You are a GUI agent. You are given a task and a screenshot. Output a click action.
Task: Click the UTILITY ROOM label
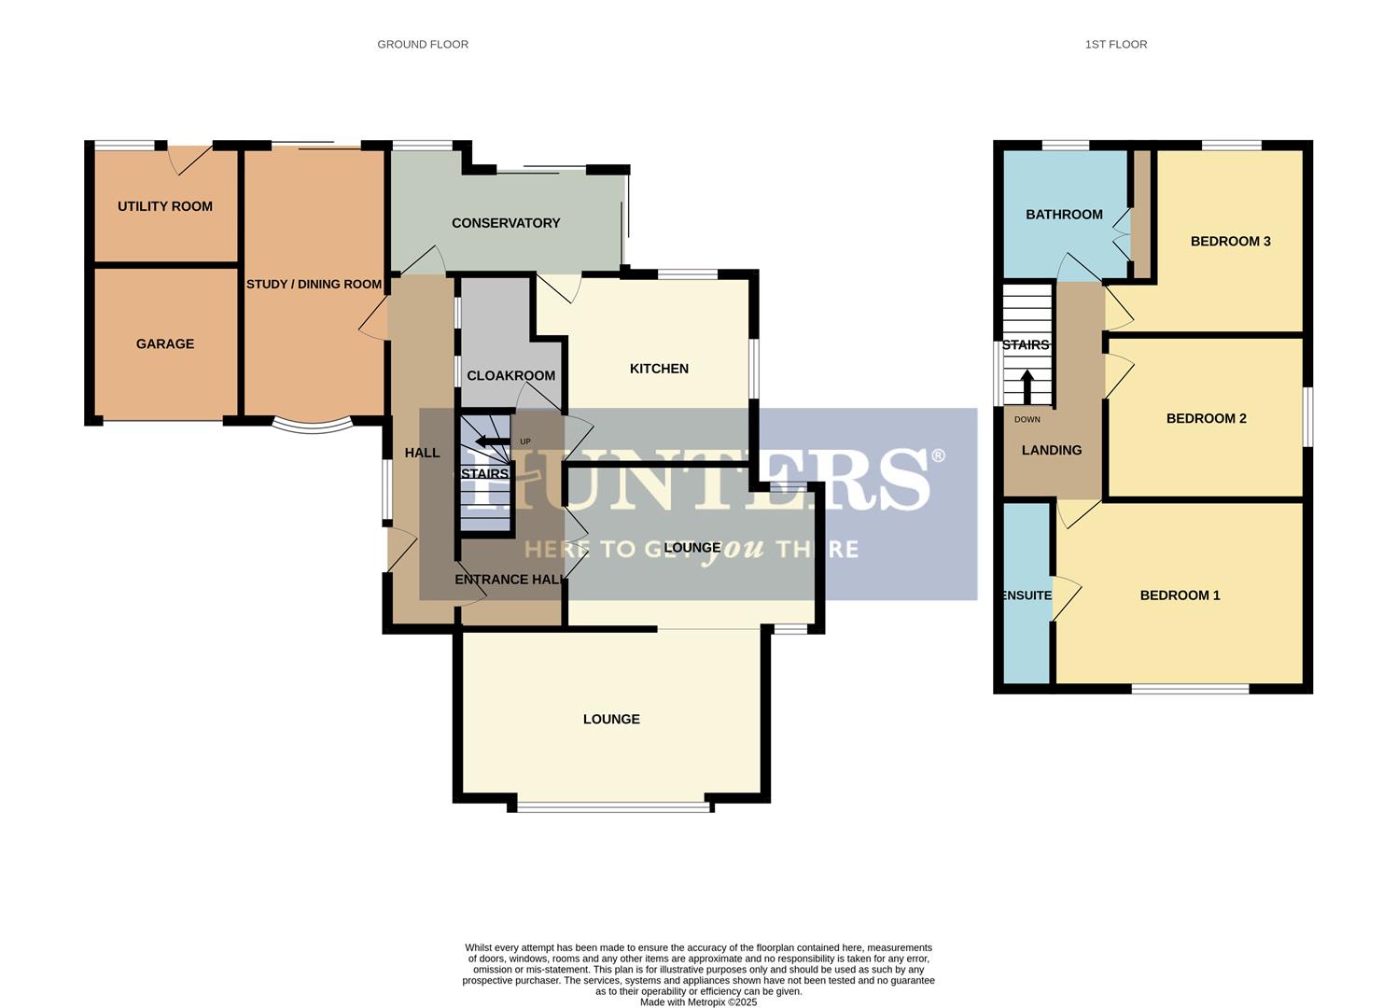(165, 206)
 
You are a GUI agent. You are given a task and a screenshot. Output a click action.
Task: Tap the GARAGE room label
(165, 343)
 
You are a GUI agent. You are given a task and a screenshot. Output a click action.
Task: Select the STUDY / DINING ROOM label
(314, 284)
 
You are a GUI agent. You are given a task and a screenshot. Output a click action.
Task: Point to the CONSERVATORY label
(506, 223)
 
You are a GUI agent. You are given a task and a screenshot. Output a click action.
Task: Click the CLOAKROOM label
(510, 375)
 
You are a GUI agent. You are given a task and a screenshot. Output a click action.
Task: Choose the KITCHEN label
(659, 369)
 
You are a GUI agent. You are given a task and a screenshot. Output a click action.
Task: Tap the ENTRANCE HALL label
(510, 580)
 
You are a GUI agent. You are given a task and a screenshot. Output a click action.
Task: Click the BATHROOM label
(1064, 215)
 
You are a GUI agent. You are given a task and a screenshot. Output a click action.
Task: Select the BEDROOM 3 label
(1230, 242)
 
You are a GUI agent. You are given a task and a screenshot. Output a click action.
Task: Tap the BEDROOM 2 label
(1206, 418)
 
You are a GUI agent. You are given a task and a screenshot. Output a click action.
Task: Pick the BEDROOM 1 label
(1180, 595)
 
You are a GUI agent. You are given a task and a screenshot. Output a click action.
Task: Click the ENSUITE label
(1027, 595)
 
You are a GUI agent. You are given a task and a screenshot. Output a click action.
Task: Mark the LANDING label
(1052, 450)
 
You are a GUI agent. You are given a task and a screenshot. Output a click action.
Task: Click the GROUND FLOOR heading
(423, 44)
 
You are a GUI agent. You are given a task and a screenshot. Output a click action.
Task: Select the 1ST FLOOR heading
(1115, 44)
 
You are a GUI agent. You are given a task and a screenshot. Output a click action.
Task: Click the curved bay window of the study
(313, 427)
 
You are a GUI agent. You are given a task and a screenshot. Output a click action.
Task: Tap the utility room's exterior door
(191, 159)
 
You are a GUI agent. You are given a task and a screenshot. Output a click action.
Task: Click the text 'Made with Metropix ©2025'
(698, 1002)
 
